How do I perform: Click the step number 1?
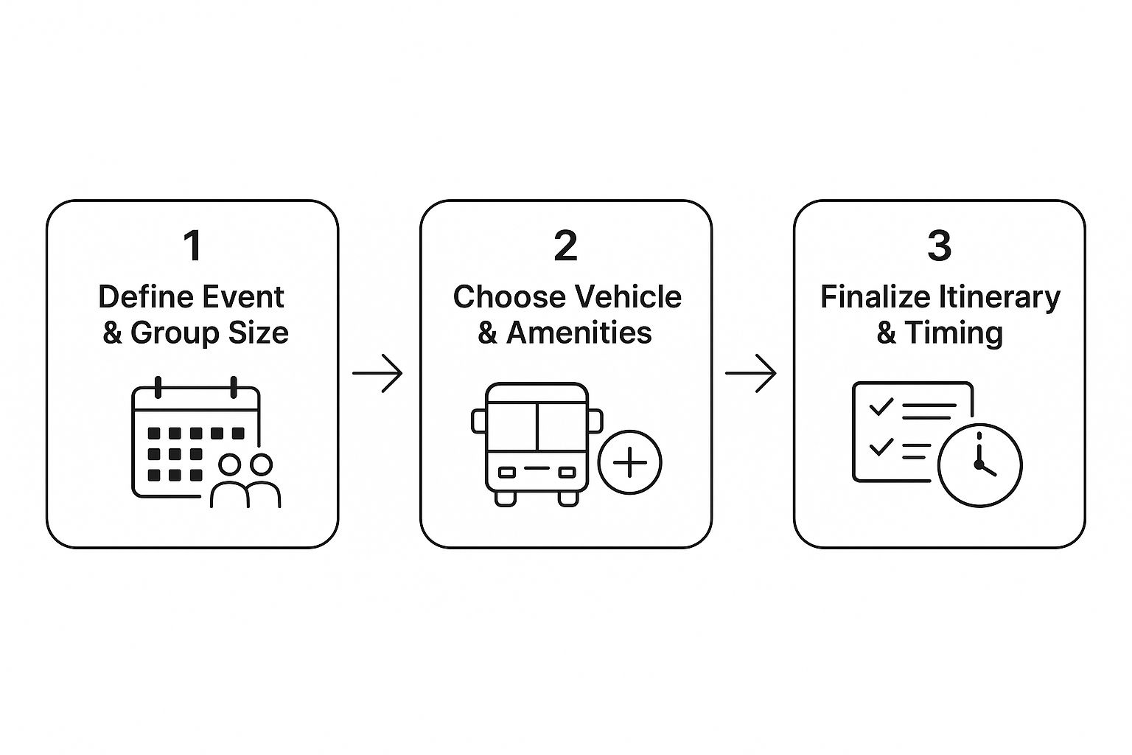192,246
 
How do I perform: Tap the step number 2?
565,246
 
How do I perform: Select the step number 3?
939,246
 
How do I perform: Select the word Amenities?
579,333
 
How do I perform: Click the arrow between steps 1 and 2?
377,374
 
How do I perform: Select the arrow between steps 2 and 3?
751,374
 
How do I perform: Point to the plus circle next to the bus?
629,463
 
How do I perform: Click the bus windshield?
537,426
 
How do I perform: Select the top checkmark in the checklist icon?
881,406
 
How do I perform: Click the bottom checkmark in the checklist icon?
881,447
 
